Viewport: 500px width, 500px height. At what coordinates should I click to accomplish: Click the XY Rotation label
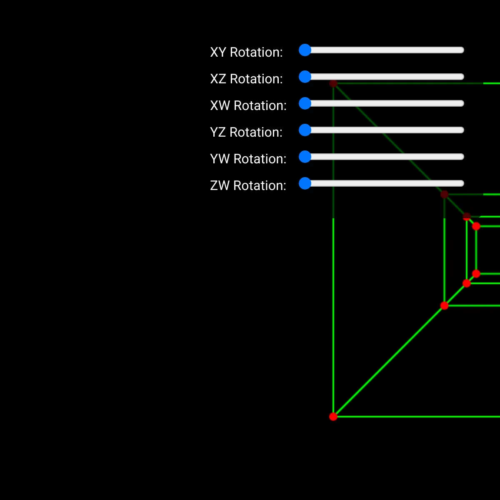click(x=246, y=52)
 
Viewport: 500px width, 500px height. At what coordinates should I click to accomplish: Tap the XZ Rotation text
click(x=246, y=79)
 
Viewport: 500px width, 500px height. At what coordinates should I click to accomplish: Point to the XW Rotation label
click(x=248, y=106)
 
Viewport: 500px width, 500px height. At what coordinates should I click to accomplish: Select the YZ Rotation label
click(x=246, y=132)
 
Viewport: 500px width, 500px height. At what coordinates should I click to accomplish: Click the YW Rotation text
click(x=248, y=159)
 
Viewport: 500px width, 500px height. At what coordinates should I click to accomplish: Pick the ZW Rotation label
click(x=248, y=186)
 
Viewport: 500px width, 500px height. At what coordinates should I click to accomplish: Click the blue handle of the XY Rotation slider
click(x=305, y=50)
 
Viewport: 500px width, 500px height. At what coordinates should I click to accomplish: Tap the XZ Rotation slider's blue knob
click(x=305, y=77)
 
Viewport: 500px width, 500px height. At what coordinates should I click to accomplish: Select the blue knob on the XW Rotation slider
click(x=305, y=103)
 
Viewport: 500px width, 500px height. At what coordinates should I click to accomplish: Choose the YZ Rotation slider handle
click(x=305, y=130)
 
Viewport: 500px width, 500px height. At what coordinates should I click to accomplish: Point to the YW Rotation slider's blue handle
click(x=305, y=157)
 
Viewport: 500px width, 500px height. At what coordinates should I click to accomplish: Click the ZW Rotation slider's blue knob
click(x=305, y=183)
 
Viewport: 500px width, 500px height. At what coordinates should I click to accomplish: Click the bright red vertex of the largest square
click(x=333, y=417)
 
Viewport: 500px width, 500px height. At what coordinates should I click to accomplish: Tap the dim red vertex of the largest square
click(x=333, y=83)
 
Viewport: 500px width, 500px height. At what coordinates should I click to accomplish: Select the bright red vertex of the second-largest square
click(x=445, y=305)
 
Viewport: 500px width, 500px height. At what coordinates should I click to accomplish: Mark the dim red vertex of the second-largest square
click(x=445, y=194)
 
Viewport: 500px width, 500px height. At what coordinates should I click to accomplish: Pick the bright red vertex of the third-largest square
click(x=467, y=283)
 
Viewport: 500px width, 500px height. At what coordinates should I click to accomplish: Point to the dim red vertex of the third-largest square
click(x=467, y=217)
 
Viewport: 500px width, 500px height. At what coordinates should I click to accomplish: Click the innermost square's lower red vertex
click(x=476, y=274)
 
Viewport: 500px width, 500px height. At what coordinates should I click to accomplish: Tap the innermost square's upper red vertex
click(x=476, y=226)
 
